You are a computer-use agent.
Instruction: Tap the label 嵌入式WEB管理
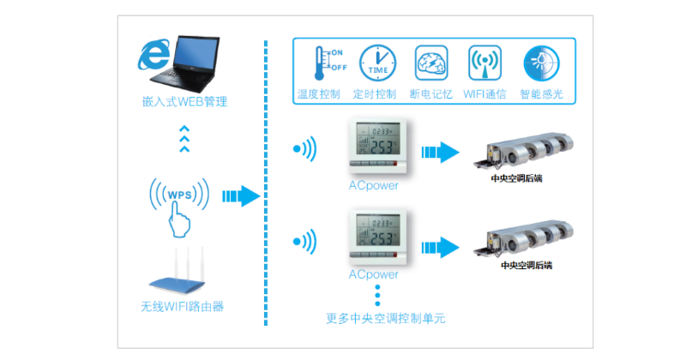pos(184,102)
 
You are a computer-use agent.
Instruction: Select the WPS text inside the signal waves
pos(179,195)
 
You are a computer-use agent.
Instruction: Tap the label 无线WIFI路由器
pos(178,306)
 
